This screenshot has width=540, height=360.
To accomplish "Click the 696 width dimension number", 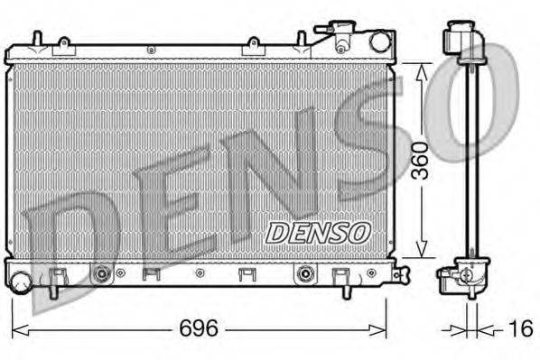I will tap(199, 328).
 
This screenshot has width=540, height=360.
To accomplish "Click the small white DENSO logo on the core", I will tap(317, 231).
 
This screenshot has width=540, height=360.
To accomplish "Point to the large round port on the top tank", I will tap(379, 42).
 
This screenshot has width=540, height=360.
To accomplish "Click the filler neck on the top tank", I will tap(342, 36).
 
